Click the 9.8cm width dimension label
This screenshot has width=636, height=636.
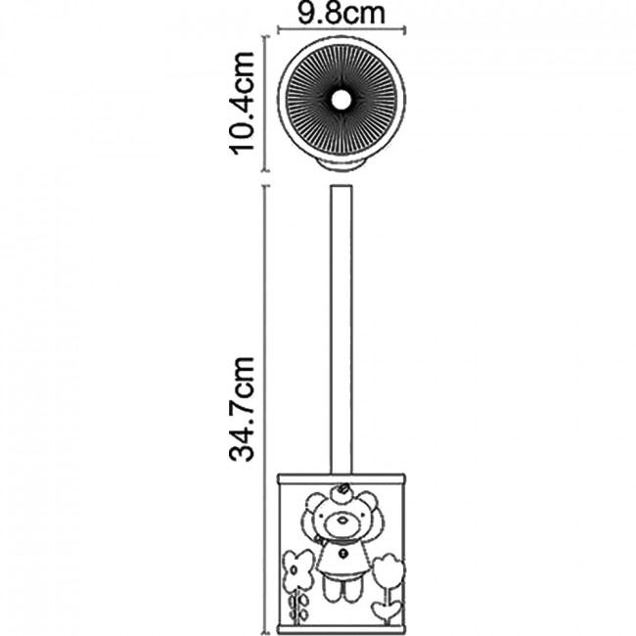pos(341,13)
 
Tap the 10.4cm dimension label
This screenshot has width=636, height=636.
pos(242,104)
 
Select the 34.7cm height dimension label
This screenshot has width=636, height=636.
pos(242,410)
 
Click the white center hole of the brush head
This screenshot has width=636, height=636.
pos(341,100)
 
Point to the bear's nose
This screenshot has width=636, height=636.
pos(343,519)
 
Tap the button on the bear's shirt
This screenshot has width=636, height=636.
pos(344,552)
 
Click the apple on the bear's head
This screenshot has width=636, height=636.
pos(341,493)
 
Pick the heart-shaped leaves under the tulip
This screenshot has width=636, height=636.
pos(387,611)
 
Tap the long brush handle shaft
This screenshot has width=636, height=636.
pos(341,330)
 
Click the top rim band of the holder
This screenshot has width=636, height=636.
pos(341,478)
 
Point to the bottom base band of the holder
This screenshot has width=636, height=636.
pos(341,630)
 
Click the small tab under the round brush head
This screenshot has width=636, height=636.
pos(341,164)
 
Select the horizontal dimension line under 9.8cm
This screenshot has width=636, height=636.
pos(341,28)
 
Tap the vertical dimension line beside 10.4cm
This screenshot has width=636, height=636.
pos(265,104)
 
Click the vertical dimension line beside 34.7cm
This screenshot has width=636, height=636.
pos(265,410)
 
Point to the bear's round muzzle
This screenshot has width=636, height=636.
pos(341,523)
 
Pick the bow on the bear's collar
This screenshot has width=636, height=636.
pos(322,541)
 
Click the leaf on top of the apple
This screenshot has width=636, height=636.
pos(344,485)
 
